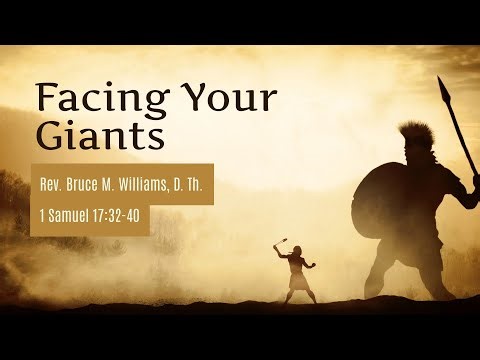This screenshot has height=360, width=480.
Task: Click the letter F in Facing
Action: click(x=46, y=98)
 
